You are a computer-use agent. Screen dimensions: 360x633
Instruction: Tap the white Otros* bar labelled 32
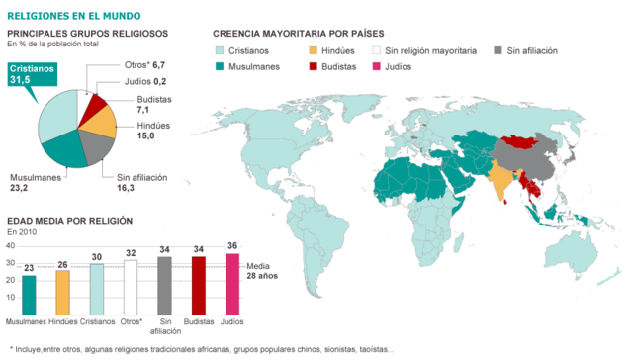pyautogui.click(x=131, y=285)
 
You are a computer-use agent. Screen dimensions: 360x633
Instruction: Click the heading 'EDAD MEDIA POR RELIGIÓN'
pyautogui.click(x=70, y=221)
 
